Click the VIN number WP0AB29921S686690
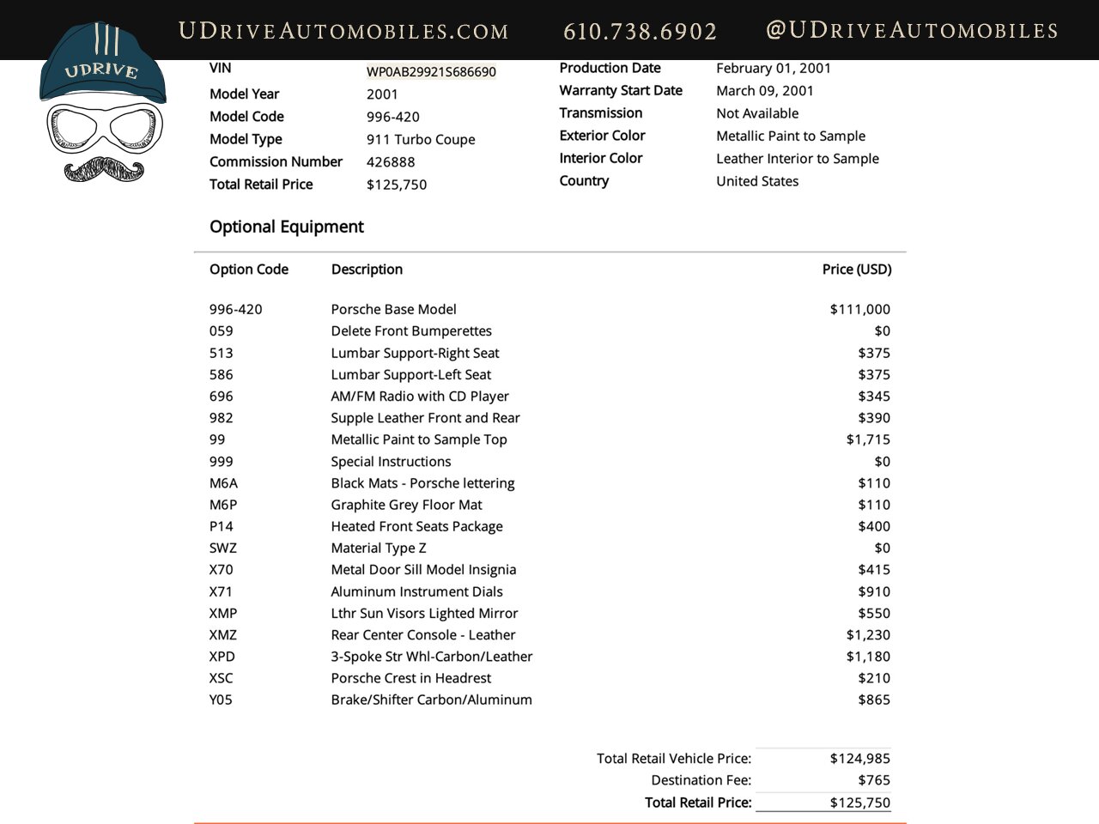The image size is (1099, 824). (431, 72)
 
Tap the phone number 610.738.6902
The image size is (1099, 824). (640, 31)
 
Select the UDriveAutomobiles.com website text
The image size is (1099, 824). (343, 31)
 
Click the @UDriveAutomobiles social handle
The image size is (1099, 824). (911, 30)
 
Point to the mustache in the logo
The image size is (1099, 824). (105, 169)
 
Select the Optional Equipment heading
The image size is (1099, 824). (287, 227)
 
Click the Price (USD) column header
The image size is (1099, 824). (856, 270)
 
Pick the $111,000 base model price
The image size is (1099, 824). (859, 309)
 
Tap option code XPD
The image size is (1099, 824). (222, 657)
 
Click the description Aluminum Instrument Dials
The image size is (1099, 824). (416, 591)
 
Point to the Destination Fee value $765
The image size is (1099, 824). (873, 780)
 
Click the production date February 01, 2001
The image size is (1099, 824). (773, 69)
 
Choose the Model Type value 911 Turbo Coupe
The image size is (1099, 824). (421, 140)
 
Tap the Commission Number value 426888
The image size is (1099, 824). (391, 162)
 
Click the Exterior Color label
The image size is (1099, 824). (602, 136)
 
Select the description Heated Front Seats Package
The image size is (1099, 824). (416, 527)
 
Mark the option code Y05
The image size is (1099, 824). (221, 700)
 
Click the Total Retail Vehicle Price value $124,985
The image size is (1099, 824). (859, 759)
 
